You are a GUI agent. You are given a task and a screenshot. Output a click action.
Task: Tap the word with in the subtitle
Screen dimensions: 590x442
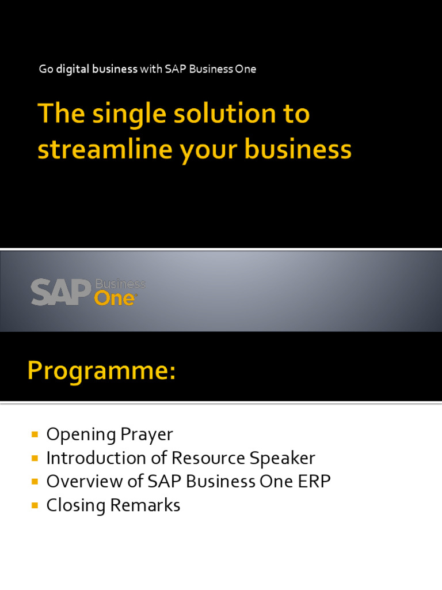[x=151, y=69]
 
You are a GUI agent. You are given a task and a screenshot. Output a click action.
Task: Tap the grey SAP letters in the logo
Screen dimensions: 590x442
[x=61, y=292]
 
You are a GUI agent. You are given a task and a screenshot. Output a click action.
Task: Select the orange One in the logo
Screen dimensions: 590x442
[x=115, y=298]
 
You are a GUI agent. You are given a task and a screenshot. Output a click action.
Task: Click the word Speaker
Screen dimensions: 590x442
[x=282, y=458]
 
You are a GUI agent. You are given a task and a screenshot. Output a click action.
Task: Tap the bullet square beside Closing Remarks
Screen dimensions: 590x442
[x=35, y=505]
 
